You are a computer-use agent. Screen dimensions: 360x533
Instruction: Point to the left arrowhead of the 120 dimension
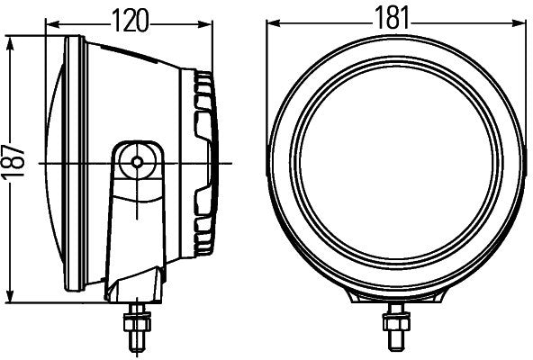tap(47, 26)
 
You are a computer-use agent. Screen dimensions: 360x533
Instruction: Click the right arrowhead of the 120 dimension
tap(214, 26)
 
